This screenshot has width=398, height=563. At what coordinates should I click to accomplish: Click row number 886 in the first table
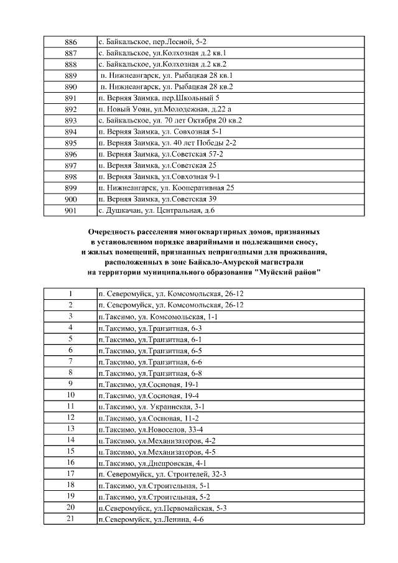coord(70,42)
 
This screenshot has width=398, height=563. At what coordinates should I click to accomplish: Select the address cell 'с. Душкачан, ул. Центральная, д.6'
coord(156,210)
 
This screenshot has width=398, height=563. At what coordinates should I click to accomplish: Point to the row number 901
coord(70,210)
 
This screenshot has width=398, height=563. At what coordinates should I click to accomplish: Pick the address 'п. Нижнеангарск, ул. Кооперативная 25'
coord(166,188)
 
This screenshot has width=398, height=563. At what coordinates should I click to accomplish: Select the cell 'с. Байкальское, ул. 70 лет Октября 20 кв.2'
coord(170,120)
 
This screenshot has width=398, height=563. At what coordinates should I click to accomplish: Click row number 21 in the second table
coord(70,519)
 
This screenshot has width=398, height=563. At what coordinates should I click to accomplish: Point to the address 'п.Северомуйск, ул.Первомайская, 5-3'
coord(162,508)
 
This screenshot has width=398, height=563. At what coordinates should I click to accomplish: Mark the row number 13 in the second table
coord(70,429)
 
